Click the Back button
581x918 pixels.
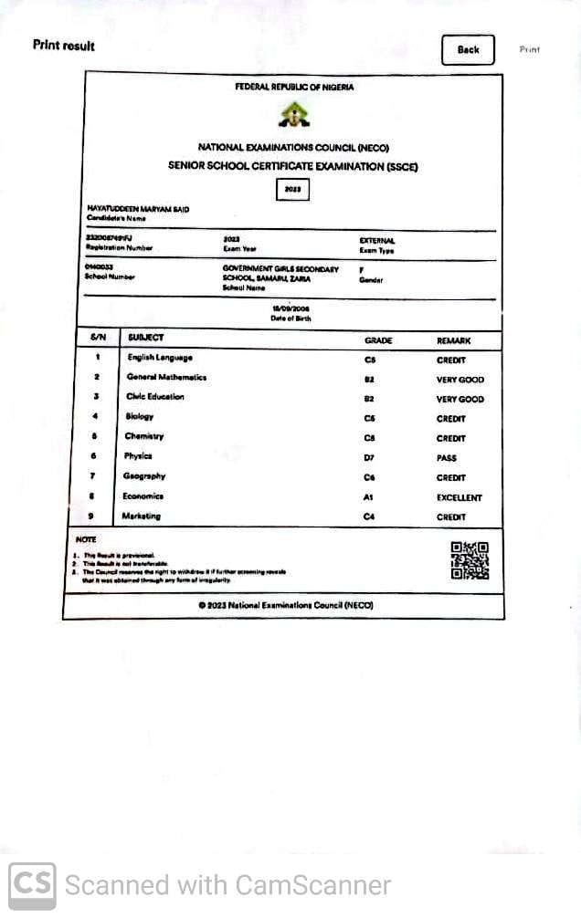(468, 50)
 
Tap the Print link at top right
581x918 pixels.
(530, 50)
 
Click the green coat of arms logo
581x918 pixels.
(293, 115)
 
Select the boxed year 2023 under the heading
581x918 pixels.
(293, 190)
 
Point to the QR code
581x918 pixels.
(470, 560)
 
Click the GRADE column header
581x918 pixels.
(378, 340)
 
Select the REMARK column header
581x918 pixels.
(454, 340)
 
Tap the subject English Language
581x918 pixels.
(160, 358)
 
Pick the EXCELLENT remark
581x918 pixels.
(460, 498)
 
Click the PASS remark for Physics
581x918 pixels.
(447, 458)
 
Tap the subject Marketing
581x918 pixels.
(142, 516)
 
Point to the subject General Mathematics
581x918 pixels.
(166, 377)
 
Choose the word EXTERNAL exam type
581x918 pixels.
(377, 241)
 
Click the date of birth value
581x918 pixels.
(290, 308)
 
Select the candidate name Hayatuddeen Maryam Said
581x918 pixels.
(138, 210)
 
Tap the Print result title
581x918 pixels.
(64, 46)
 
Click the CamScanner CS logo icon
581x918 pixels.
(32, 886)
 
